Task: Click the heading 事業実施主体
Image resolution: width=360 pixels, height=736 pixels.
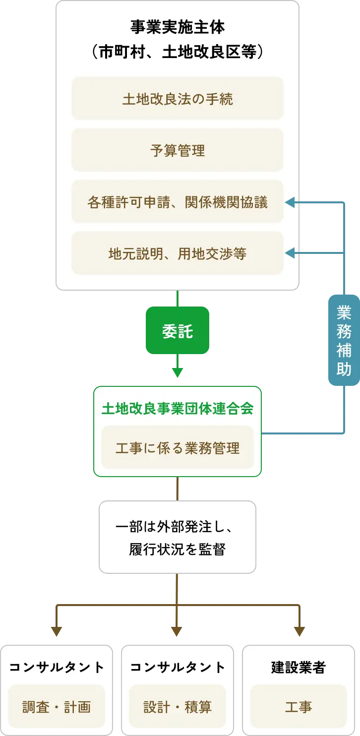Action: click(x=178, y=27)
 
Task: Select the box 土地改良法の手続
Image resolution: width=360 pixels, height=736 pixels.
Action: click(x=178, y=99)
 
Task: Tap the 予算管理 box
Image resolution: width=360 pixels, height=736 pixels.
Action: click(x=178, y=150)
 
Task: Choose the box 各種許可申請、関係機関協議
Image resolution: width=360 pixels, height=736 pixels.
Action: click(x=178, y=202)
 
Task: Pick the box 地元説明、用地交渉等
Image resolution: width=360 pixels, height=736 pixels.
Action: click(x=178, y=253)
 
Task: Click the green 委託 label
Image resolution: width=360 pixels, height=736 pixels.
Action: click(x=178, y=331)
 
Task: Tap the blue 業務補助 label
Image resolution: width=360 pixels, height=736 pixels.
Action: click(x=344, y=340)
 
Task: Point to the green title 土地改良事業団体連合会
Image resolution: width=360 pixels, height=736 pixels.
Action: click(x=178, y=408)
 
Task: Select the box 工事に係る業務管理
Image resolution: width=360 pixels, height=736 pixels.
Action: click(x=178, y=448)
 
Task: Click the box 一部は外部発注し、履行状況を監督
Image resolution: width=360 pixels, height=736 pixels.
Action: click(x=178, y=537)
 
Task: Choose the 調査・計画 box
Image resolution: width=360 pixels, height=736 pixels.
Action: click(x=57, y=707)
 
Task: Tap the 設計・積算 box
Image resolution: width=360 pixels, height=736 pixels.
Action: click(x=178, y=707)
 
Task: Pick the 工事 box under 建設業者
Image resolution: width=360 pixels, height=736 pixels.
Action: click(x=299, y=707)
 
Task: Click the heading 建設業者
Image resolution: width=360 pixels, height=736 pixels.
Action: click(x=299, y=668)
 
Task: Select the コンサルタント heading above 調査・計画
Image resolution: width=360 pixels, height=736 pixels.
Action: click(x=57, y=668)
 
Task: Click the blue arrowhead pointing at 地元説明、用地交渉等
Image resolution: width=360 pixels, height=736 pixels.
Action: click(x=290, y=253)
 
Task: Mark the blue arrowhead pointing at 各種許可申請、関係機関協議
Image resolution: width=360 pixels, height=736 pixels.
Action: click(x=290, y=202)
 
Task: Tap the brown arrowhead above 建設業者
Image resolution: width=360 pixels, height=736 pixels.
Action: click(x=299, y=632)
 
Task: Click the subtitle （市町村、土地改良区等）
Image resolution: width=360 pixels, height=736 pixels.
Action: click(x=178, y=52)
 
